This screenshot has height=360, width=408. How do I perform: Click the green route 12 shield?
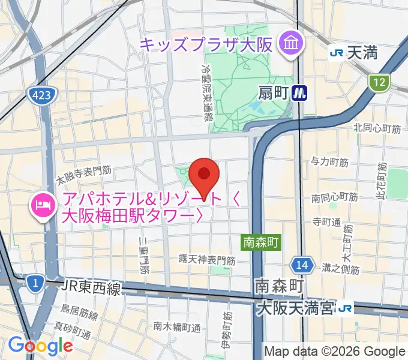click(x=379, y=83)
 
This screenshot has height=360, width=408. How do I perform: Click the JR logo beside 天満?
click(x=337, y=53)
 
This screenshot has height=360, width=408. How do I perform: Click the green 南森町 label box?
click(x=262, y=242)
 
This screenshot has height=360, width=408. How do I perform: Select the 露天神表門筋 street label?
click(x=207, y=260)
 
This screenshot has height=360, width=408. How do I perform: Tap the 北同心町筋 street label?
click(x=377, y=127)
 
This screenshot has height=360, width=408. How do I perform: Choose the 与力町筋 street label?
click(x=329, y=162)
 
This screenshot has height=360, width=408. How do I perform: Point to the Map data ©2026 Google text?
click(x=335, y=352)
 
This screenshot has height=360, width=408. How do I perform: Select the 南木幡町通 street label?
click(x=176, y=328)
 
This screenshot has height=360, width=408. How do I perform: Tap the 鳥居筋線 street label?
click(x=79, y=313)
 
